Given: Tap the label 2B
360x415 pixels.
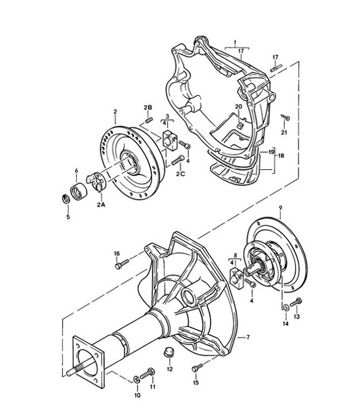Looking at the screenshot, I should [x=149, y=108].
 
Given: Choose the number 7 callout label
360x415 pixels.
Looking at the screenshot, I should [x=247, y=337].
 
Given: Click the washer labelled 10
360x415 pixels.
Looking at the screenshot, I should [x=138, y=379].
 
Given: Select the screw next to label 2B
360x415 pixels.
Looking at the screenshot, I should [x=149, y=120].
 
